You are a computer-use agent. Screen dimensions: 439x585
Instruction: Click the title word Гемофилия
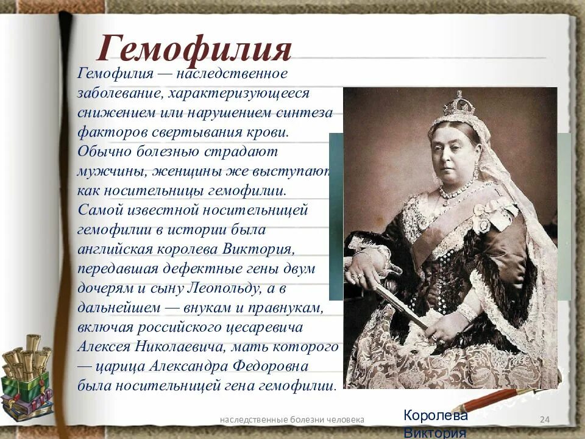point(194,49)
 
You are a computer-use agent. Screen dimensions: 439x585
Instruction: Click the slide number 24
point(545,419)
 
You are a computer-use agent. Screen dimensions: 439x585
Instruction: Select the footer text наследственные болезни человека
point(292,419)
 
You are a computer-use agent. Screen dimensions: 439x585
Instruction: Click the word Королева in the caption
point(435,416)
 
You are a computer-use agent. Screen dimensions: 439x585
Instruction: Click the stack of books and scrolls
point(26,377)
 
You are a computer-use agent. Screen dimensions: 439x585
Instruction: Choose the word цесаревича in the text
point(269,327)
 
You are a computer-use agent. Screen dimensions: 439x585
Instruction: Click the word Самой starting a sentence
point(99,210)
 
